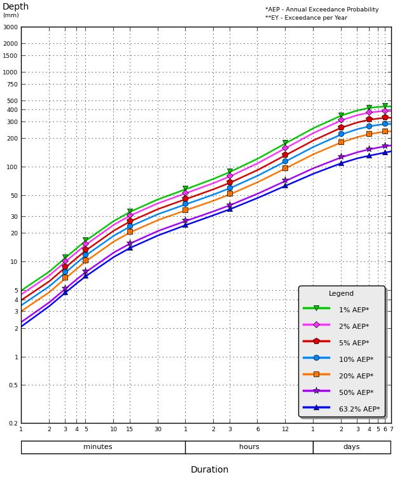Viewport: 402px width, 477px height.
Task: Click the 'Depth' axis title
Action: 16,7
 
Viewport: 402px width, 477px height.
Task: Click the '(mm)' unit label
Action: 11,15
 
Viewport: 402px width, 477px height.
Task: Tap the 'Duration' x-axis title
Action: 209,470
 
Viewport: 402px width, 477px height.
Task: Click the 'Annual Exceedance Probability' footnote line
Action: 322,10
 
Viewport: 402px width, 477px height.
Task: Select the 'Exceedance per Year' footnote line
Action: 306,18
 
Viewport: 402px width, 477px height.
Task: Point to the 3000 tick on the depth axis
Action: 10,27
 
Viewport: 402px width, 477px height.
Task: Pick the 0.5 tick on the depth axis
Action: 13,385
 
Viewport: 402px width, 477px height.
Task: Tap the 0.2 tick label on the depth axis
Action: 13,423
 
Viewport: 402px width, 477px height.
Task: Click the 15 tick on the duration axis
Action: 130,429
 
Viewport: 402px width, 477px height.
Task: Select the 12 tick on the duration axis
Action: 285,429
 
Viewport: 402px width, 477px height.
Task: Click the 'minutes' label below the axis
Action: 98,447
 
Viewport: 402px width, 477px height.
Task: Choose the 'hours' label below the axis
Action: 249,447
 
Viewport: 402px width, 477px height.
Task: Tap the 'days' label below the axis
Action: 351,447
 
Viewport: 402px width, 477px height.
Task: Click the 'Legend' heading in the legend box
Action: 342,294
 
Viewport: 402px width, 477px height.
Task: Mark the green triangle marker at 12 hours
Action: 285,143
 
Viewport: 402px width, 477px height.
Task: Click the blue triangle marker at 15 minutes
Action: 130,247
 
